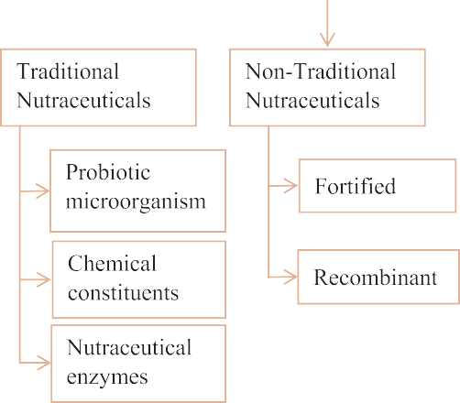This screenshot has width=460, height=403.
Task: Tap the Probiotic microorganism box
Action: pos(138,186)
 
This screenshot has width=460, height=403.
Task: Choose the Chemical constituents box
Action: pos(138,278)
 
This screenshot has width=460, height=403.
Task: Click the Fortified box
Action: pos(377,187)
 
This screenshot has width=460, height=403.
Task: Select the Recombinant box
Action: pos(377,277)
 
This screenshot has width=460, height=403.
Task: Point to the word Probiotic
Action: pos(108,172)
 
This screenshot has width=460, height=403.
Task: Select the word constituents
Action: pos(124,293)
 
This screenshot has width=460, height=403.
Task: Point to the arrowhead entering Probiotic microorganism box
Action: pos(47,191)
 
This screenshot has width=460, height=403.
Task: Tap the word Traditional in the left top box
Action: pos(69,71)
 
